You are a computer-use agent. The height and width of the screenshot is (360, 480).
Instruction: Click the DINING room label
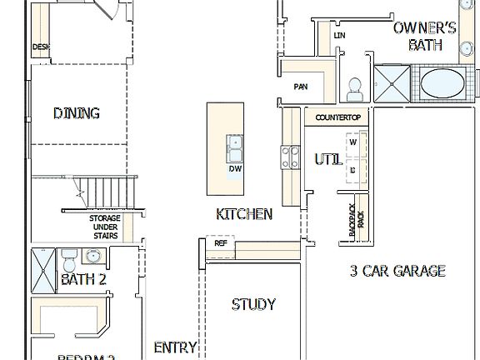[x=77, y=113]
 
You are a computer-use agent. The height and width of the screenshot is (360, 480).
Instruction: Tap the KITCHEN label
[x=244, y=214]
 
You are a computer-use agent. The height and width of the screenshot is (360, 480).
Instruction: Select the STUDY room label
[x=253, y=305]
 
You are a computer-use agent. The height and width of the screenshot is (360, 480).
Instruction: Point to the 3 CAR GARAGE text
[x=397, y=271]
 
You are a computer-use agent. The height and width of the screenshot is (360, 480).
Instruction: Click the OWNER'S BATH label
[x=425, y=36]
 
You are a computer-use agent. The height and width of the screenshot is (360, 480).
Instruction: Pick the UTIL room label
[x=327, y=159]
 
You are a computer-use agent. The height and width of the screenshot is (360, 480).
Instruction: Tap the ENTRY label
[x=176, y=347]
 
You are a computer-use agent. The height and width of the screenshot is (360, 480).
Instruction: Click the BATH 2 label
[x=83, y=280]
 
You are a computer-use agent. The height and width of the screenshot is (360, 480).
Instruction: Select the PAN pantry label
[x=301, y=87]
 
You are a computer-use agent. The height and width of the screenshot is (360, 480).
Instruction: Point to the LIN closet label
[x=339, y=36]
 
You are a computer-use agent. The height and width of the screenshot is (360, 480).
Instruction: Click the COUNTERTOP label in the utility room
[x=337, y=118]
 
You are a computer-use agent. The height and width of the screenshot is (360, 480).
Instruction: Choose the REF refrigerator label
[x=221, y=244]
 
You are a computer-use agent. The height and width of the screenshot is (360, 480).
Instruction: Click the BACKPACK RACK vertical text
[x=356, y=222]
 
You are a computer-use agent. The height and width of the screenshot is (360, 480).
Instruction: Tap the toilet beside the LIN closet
[x=354, y=87]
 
